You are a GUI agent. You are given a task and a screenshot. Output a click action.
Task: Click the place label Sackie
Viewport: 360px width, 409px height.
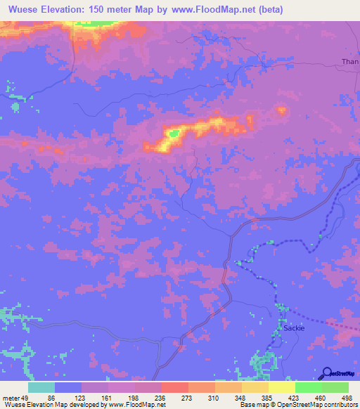[x=294, y=328]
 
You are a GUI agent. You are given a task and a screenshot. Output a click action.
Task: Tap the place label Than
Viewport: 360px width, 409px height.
[x=349, y=62]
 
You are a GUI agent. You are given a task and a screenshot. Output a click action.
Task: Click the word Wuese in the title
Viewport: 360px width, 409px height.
[x=21, y=9]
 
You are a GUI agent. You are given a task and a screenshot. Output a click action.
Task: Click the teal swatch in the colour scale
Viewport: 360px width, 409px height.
[x=41, y=387]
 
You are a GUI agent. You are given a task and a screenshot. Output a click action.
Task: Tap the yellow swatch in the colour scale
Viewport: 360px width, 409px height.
[x=281, y=387]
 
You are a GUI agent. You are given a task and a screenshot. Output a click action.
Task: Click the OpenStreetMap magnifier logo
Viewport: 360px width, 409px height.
[x=327, y=374]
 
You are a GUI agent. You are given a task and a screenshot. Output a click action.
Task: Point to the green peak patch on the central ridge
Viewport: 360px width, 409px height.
[x=172, y=131]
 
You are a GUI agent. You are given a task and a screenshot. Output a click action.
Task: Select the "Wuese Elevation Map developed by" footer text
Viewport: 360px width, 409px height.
[x=49, y=404]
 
